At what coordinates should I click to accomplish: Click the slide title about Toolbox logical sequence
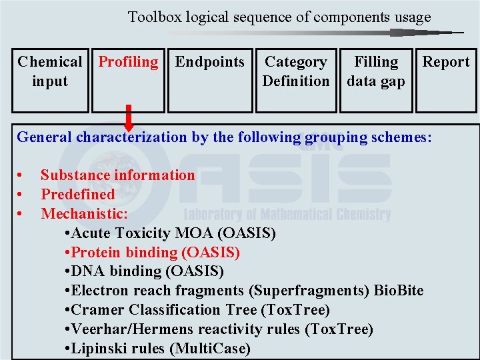point(279,17)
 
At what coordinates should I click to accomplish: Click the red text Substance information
point(118,175)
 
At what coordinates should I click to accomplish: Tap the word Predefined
point(78,195)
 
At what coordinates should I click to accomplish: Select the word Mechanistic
point(84,214)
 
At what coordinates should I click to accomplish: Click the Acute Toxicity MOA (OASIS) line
point(171,233)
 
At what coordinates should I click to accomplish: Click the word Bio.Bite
point(398,291)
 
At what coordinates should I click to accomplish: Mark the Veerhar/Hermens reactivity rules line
point(220,329)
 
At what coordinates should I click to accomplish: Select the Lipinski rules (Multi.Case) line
point(159,349)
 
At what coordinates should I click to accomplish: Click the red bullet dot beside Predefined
point(21,195)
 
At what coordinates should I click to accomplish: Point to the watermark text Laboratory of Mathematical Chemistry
point(287,215)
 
